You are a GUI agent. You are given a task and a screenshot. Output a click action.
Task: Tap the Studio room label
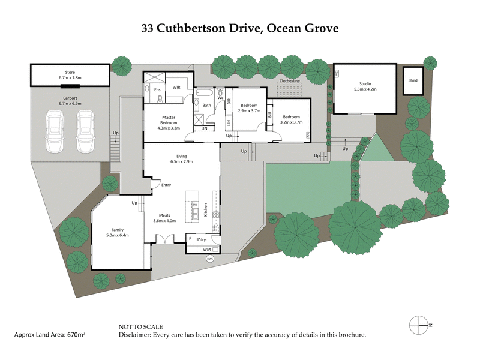tap(365, 84)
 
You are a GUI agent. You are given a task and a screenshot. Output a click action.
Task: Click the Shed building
tap(412, 80)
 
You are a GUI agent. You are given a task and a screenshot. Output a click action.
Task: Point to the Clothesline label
tap(290, 80)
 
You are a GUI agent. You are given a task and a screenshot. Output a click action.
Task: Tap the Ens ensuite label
tap(157, 89)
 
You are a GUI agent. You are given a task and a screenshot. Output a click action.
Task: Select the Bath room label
tap(206, 106)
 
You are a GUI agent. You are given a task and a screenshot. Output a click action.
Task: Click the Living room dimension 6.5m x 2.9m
tap(181, 161)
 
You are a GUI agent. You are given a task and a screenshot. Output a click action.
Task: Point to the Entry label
tap(166, 185)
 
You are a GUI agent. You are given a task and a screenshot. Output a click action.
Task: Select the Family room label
tap(118, 229)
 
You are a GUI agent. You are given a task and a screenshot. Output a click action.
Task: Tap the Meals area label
tap(164, 215)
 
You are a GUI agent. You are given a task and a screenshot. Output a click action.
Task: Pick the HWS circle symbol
tap(209, 259)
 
